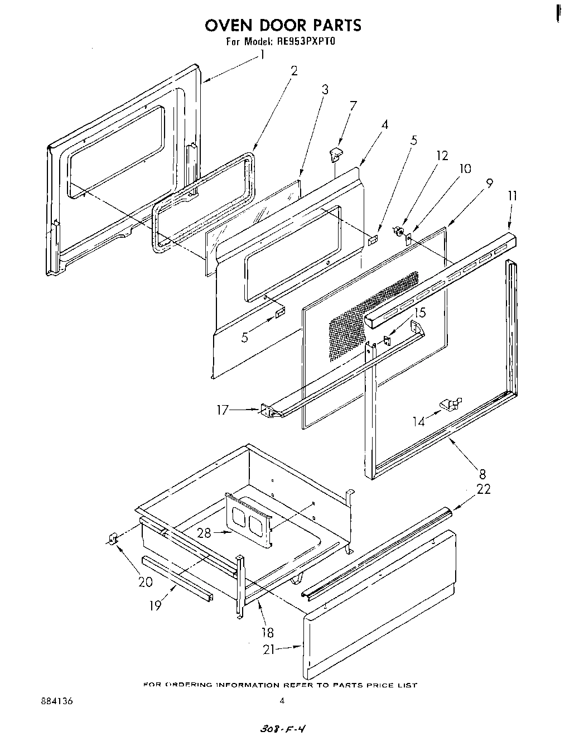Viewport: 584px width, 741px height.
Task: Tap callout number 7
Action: click(353, 106)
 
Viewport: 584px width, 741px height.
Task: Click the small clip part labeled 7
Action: click(336, 154)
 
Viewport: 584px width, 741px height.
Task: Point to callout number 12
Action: click(442, 156)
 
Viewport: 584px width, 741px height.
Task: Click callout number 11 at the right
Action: click(513, 195)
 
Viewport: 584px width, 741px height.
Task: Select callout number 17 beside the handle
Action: click(223, 410)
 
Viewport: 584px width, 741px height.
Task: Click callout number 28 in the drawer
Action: click(204, 533)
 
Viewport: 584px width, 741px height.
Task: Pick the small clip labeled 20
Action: click(112, 539)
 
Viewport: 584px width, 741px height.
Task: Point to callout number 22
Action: click(484, 488)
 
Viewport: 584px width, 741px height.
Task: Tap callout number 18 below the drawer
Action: click(267, 632)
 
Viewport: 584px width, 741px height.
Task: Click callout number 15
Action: click(419, 313)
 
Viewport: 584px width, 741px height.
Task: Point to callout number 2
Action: click(294, 70)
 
